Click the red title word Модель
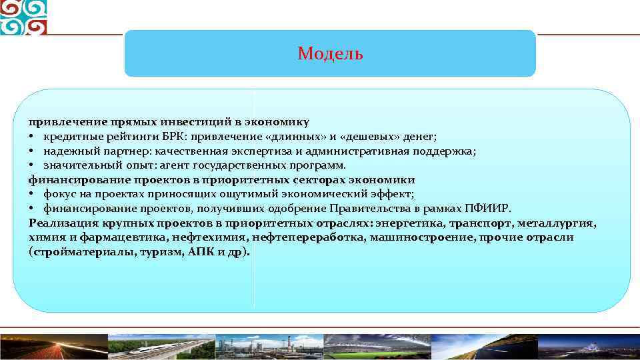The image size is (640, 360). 330,53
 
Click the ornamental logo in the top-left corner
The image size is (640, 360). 23,17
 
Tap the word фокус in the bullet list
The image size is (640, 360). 59,194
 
